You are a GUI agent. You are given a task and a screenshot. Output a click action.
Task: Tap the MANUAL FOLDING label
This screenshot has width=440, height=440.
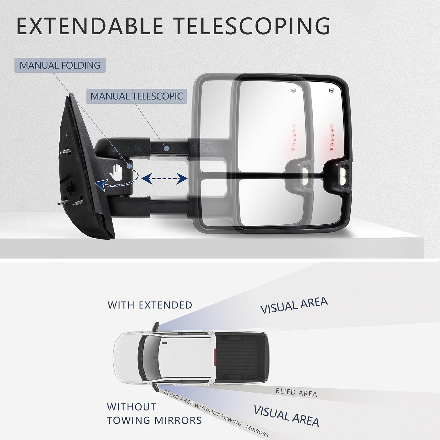tap(60, 65)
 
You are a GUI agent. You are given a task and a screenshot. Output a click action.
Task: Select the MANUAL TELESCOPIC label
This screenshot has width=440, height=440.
tap(136, 96)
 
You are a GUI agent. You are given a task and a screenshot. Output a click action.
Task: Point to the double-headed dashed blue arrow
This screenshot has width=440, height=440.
tap(164, 179)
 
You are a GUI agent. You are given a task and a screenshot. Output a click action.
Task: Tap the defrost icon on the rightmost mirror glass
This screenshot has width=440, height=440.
tap(332, 91)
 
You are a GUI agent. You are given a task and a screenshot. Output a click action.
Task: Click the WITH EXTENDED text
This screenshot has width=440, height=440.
tap(150, 305)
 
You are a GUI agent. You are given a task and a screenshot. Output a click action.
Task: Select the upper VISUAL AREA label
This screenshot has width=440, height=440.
tap(294, 305)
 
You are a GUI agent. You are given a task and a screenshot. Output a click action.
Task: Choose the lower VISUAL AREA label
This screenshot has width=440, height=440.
tap(286, 415)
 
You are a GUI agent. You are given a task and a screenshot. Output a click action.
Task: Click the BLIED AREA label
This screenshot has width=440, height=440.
tap(296, 392)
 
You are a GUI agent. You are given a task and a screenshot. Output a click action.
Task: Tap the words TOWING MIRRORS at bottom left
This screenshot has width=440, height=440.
tap(154, 420)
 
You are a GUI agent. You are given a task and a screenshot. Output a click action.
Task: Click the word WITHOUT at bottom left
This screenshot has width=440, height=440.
tap(131, 407)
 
